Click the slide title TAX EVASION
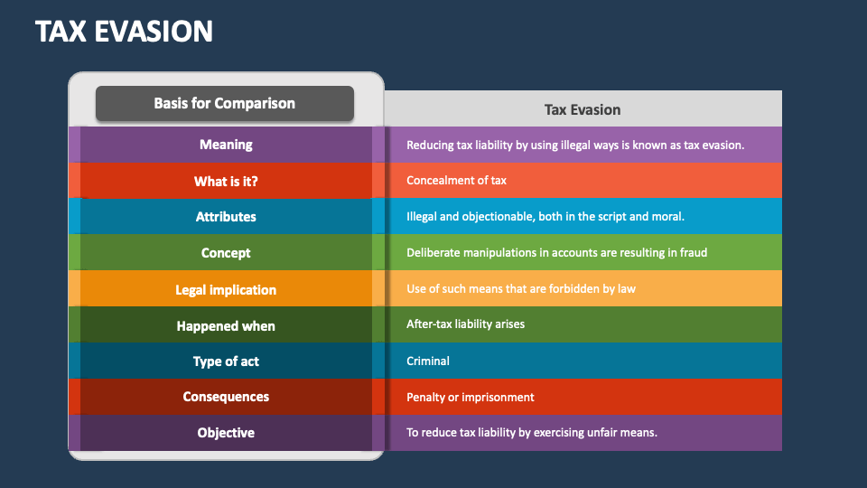coord(125,32)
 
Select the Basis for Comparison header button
coord(225,103)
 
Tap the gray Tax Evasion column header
coord(583,109)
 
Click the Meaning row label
coord(226,145)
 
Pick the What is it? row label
coord(226,181)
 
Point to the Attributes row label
coord(226,217)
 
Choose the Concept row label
coord(226,253)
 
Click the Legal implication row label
coord(226,290)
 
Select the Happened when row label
coord(226,326)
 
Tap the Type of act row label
coord(226,361)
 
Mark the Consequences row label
coord(226,397)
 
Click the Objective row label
coord(226,433)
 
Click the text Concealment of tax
coord(456,181)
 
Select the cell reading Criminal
coord(428,361)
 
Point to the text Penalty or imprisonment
coord(470,398)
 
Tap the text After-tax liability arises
coord(465,324)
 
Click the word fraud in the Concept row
coord(693,253)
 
